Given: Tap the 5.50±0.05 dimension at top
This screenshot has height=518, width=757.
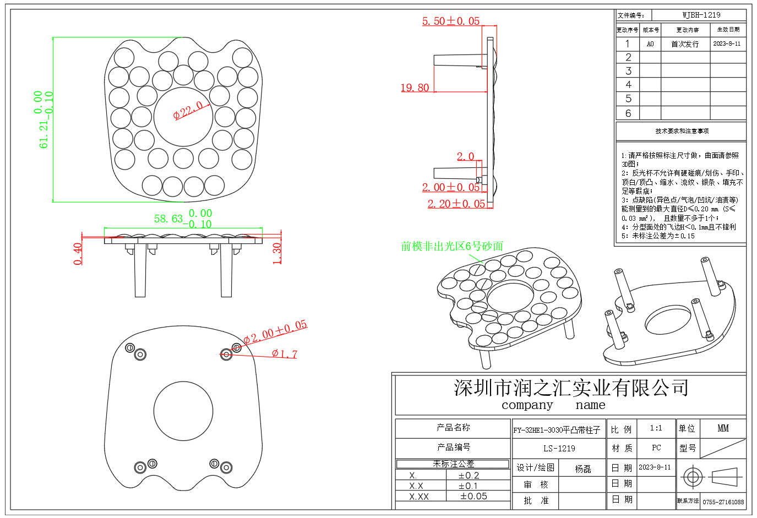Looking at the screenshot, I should click(450, 21).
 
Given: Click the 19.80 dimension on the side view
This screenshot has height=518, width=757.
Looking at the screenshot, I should click(415, 88).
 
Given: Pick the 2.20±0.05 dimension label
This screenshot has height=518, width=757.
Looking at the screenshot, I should click(456, 204).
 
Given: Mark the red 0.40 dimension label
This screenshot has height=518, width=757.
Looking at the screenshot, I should click(78, 254).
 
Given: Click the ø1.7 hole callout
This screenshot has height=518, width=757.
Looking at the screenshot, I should click(285, 354).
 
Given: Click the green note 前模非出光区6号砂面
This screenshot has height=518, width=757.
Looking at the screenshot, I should click(452, 246).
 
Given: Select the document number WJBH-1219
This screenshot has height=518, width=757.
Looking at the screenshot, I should click(701, 15).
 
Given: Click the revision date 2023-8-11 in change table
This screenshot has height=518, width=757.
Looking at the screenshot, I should click(727, 43).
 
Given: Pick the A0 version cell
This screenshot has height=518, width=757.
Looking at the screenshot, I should click(650, 44).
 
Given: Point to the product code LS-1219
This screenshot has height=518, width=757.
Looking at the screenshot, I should click(559, 448).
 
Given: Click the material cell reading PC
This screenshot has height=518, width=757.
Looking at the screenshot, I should click(656, 448).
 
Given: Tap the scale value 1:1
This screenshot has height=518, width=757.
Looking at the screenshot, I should click(656, 428).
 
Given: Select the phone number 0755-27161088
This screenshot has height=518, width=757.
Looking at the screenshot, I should click(723, 502).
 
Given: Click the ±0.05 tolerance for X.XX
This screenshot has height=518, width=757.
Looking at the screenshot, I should click(473, 496).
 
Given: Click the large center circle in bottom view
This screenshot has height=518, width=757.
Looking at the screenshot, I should click(183, 411).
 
